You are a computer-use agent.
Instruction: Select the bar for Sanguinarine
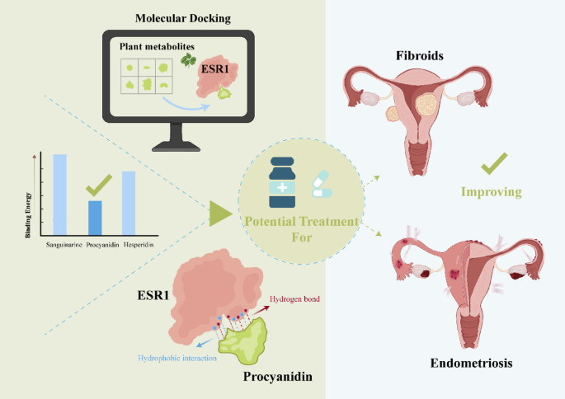click(59, 194)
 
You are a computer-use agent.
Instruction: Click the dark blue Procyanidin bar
click(96, 217)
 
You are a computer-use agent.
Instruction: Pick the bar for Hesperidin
click(128, 202)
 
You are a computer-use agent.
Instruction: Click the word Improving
click(493, 192)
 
